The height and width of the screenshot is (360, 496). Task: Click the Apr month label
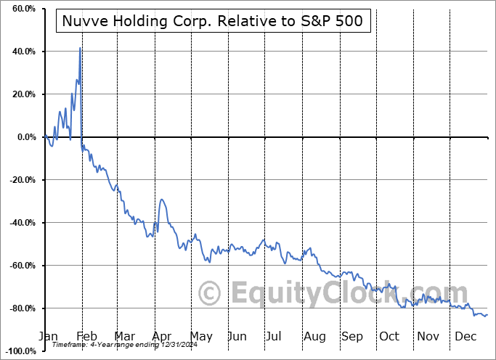click(x=162, y=336)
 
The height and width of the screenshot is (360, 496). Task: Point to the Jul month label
click(x=275, y=336)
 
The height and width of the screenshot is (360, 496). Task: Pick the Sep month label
click(x=351, y=336)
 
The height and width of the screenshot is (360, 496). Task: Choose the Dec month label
click(x=466, y=336)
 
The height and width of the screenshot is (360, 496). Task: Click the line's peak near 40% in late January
click(x=80, y=48)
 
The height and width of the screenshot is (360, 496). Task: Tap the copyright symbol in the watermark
click(x=210, y=294)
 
